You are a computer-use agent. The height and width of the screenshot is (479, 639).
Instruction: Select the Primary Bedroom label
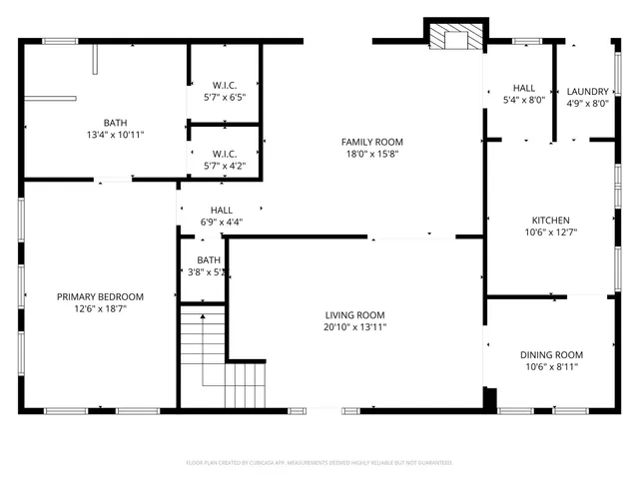100,296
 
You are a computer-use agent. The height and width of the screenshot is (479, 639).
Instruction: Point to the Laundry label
587,92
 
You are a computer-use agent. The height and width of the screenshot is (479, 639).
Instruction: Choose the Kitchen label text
550,221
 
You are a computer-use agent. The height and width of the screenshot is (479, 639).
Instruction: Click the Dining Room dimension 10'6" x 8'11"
550,367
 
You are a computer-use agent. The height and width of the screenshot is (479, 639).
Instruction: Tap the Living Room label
354,314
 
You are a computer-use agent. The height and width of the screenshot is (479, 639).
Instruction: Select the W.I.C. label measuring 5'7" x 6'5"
224,85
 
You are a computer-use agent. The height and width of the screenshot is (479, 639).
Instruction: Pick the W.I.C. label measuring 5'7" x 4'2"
224,153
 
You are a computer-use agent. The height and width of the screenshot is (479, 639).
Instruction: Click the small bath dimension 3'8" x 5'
208,271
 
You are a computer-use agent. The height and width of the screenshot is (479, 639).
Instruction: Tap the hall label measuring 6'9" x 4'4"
221,211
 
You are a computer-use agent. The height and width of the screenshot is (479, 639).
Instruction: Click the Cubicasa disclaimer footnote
319,463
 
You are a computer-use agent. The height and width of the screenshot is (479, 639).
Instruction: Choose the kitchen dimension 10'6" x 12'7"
550,233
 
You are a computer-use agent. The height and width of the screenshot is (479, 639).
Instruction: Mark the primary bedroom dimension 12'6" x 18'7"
100,309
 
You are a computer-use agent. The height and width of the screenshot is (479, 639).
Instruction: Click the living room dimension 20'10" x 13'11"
354,327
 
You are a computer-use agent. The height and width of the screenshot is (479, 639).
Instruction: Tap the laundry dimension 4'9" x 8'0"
587,103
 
